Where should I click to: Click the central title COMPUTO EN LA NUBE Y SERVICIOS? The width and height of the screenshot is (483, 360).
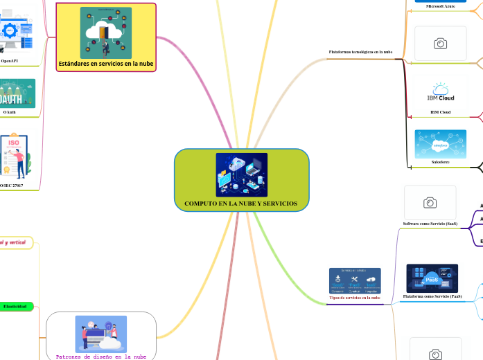click(240, 204)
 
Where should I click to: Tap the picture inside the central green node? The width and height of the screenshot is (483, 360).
click(241, 174)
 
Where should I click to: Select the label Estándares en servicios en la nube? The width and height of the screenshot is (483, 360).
click(106, 64)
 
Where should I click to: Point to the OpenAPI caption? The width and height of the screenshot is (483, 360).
click(10, 61)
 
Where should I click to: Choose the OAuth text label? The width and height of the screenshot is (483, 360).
click(10, 111)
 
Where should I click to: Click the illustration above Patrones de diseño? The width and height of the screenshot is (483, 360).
click(101, 334)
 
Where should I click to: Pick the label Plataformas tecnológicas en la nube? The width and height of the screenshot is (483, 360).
click(360, 52)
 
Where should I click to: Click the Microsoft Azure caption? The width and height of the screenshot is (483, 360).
click(440, 6)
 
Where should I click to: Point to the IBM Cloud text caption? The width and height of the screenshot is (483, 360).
click(440, 111)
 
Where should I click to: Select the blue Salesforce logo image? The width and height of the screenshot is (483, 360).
click(440, 144)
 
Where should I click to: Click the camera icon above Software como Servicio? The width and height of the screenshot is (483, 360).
click(430, 202)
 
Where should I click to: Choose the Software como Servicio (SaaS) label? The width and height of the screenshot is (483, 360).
click(430, 224)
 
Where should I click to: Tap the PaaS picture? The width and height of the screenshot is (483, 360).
click(432, 278)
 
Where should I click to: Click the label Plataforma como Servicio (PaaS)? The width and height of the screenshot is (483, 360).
click(432, 296)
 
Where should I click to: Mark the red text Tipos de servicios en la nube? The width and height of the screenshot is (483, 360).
click(355, 298)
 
